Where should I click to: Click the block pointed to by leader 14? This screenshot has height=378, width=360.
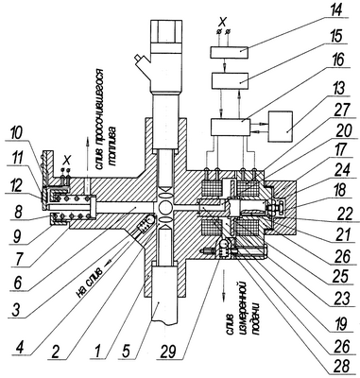pos(230,52)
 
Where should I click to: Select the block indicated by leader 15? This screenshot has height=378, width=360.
pos(230,80)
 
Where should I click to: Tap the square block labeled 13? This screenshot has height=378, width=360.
pos(280,127)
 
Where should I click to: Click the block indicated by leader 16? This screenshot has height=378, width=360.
pos(231,128)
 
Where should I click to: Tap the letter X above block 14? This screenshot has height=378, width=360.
pos(223,22)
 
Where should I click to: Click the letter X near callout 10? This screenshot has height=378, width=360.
pos(66,160)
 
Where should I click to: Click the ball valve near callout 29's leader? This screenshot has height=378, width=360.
pos(223,244)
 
